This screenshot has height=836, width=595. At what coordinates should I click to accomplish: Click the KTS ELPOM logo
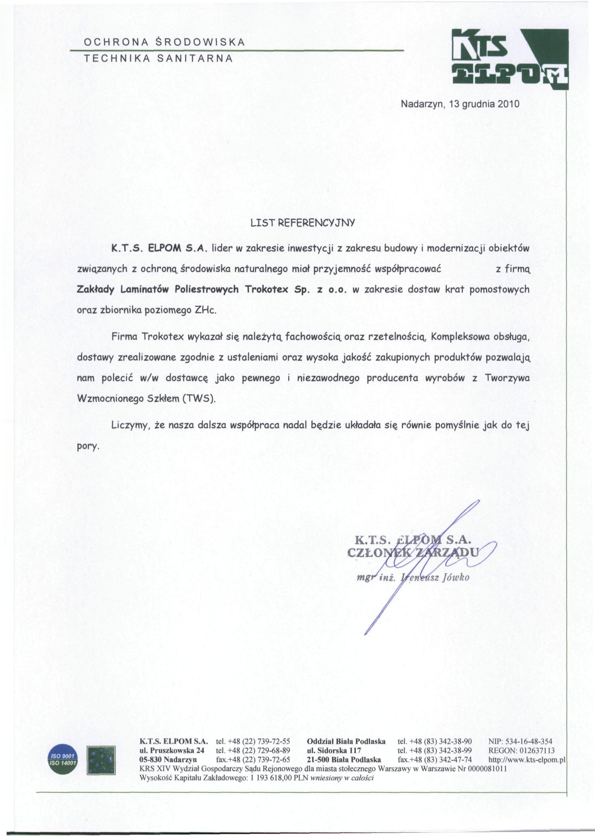[x=511, y=58]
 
